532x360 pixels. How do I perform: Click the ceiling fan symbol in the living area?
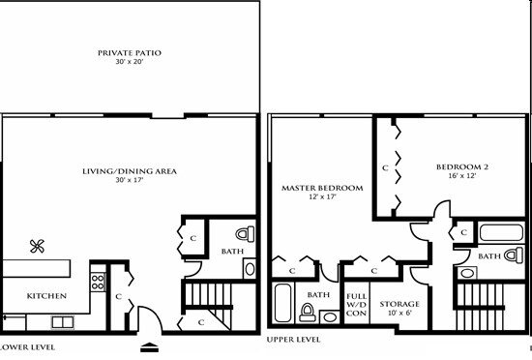click(39, 246)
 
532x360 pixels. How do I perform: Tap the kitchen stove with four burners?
click(97, 282)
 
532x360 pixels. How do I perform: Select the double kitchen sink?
click(63, 320)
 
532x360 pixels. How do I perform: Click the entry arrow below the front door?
click(149, 345)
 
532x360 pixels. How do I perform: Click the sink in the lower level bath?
click(250, 268)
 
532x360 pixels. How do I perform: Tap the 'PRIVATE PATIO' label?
click(131, 52)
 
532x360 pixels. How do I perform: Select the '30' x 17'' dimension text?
click(131, 180)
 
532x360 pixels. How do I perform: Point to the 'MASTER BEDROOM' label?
click(322, 187)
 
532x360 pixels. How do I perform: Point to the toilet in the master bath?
click(309, 312)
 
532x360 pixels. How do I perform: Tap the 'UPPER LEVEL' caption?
click(293, 340)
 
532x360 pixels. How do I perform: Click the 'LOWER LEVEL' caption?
click(27, 345)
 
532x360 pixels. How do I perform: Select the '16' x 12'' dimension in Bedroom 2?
click(462, 177)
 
